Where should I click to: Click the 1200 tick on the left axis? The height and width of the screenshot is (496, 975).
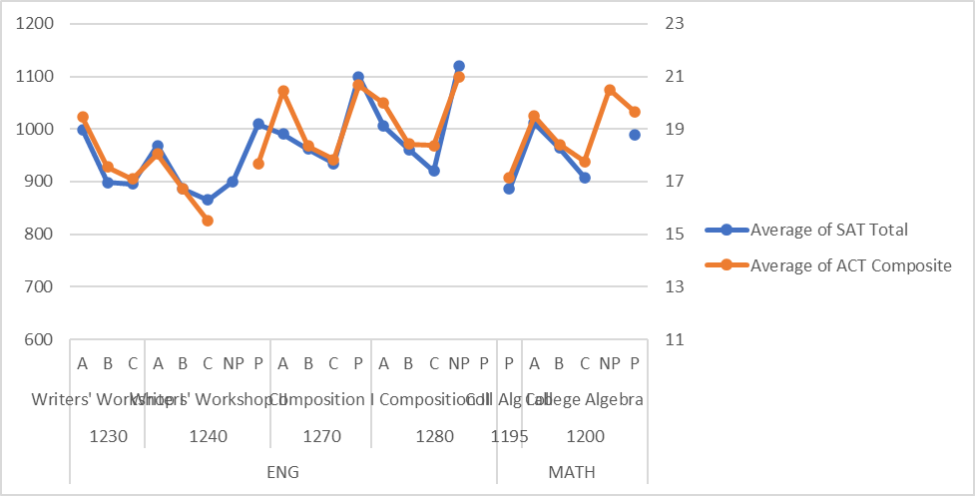pos(34,24)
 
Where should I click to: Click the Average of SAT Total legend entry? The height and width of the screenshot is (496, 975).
pos(828,230)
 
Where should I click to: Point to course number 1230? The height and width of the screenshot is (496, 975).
pos(108,436)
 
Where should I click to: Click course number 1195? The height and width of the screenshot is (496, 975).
pos(509,436)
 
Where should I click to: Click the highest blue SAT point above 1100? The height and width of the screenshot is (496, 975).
pos(459,66)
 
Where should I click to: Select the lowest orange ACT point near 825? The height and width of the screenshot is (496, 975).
pos(208,221)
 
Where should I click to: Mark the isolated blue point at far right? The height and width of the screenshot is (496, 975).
pos(635,135)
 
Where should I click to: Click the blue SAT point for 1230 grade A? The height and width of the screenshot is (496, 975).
pos(83,130)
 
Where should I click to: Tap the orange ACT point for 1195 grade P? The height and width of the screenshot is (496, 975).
pos(509,178)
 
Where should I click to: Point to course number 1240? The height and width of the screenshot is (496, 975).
pos(208,436)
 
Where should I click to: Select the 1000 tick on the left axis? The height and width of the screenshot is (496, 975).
pos(34,130)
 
